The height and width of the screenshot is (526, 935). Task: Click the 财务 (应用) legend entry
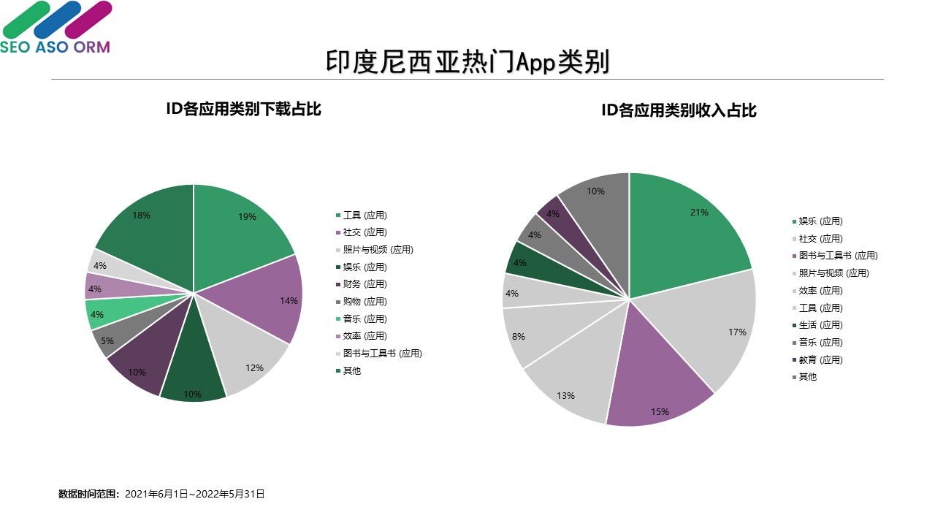coord(365,284)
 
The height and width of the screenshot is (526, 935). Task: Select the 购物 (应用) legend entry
coord(365,302)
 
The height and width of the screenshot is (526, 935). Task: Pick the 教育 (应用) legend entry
coord(820,359)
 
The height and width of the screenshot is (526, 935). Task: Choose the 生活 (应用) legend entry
coord(820,325)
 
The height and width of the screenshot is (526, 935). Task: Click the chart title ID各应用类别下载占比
coord(244,110)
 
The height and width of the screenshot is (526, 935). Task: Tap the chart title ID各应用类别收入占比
coord(679,110)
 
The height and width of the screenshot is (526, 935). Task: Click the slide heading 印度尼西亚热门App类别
coord(467,62)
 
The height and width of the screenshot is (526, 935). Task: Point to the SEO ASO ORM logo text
coord(55,47)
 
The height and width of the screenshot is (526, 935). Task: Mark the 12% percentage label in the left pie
coord(254,368)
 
